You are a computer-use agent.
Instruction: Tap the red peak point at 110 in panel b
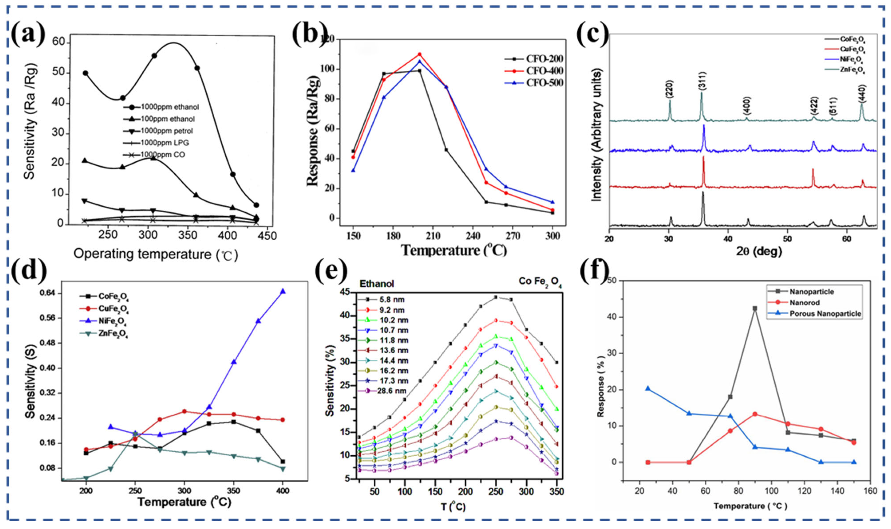coord(420,54)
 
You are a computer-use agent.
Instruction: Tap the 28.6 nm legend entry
coord(392,391)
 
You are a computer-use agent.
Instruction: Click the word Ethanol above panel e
coord(377,284)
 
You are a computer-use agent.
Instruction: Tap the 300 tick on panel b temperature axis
coord(552,236)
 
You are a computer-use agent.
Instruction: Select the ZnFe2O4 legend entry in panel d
coord(113,334)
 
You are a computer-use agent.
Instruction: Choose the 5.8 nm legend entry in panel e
coord(392,300)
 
